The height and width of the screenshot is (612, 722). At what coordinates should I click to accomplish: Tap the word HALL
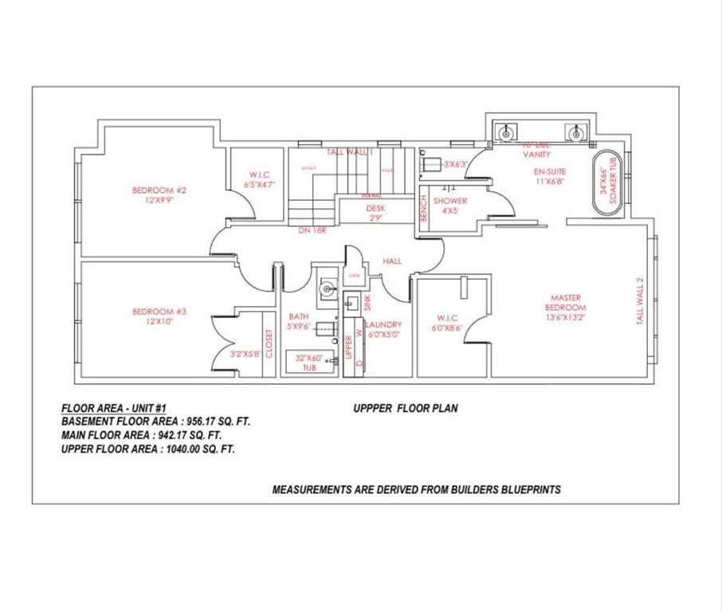392,261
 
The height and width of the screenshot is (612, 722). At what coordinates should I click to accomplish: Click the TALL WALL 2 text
639,300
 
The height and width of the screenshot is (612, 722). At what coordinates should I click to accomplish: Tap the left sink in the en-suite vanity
506,132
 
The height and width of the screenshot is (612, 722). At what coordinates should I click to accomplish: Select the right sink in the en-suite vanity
574,132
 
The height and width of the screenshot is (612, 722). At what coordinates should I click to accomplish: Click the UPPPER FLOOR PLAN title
406,408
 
